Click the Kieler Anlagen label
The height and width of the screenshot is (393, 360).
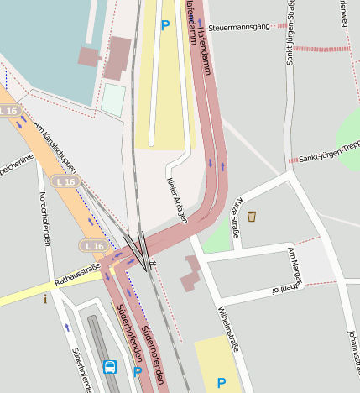click(x=176, y=200)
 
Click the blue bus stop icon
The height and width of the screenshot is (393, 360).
click(x=110, y=367)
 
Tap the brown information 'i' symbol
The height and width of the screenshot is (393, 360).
click(x=45, y=298)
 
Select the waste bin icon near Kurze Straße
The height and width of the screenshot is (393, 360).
click(x=251, y=217)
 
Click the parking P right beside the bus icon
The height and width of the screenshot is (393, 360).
click(x=137, y=371)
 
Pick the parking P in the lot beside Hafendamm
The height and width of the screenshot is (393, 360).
click(x=165, y=25)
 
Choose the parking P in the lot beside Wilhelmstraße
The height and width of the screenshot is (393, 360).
click(x=222, y=383)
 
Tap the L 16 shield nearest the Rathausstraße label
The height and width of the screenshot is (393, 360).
click(x=93, y=245)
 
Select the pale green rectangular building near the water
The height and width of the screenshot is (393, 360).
click(x=112, y=100)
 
